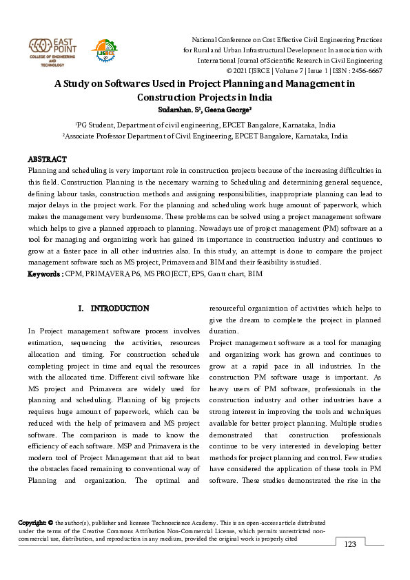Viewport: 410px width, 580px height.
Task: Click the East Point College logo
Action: [52, 52]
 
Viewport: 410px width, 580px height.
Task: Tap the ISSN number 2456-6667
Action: [365, 70]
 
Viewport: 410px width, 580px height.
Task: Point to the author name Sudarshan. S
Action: [176, 109]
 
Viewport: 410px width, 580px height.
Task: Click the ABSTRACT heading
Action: [46, 159]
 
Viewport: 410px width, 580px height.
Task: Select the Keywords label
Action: [45, 274]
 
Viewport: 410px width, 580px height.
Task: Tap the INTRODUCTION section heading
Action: [119, 308]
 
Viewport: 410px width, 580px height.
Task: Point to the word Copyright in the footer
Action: [32, 524]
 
